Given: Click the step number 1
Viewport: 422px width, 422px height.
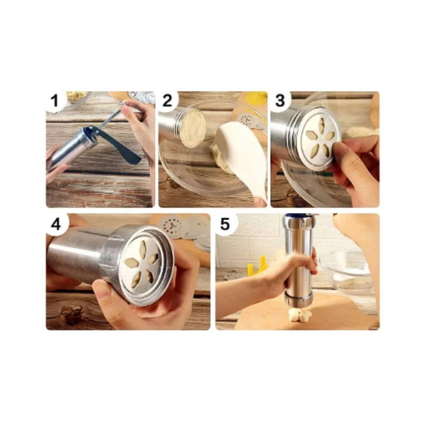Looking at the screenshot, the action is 54,101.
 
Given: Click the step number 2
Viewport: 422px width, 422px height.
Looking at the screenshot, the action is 167,101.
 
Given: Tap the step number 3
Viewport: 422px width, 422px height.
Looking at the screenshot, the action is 280,101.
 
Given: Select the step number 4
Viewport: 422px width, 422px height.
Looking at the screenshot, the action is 56,225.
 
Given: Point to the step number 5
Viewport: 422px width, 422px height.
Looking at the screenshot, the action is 225,224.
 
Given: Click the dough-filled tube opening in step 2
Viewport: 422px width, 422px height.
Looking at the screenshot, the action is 193,129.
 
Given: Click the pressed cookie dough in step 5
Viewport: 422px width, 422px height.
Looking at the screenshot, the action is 300,314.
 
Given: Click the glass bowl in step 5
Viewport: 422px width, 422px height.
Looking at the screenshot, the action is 350,272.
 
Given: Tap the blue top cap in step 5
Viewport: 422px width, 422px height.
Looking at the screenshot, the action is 300,216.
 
